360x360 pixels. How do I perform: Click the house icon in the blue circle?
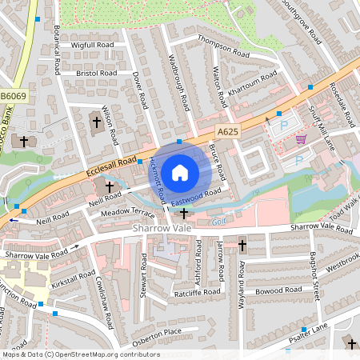179,172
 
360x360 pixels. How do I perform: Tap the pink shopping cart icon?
301,139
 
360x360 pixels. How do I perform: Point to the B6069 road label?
13,96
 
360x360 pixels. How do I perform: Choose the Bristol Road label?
97,73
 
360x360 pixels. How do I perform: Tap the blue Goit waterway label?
219,222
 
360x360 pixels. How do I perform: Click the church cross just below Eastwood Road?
185,213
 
